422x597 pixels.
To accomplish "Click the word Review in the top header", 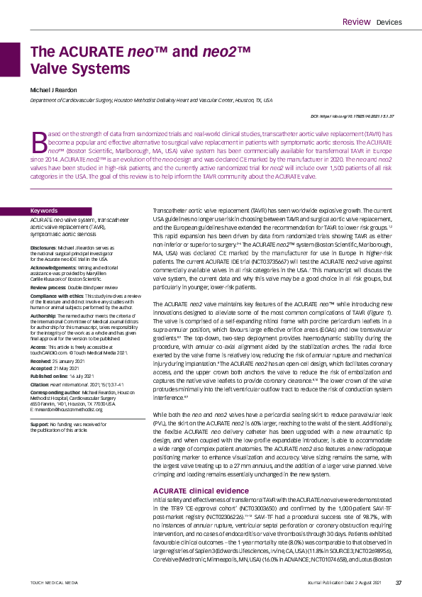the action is coord(356,22).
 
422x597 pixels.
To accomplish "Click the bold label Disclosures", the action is coord(43,247).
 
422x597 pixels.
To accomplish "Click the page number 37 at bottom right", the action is coord(399,583).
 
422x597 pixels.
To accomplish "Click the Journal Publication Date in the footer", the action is coord(346,583).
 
